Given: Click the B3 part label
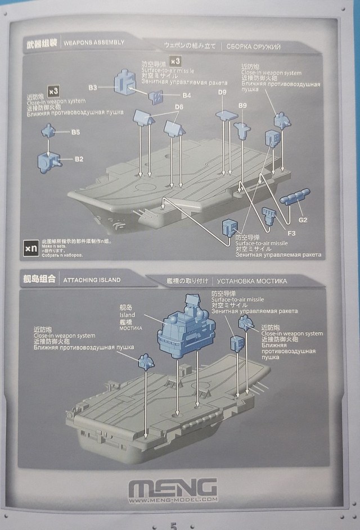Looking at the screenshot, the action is coord(93,87).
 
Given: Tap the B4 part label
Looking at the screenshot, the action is coord(186,96).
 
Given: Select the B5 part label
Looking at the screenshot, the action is coord(75,133).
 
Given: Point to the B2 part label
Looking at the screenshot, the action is coord(79,160).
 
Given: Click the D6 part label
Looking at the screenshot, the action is coord(179,107).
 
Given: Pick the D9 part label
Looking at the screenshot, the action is coord(222,92).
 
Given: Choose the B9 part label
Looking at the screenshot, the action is coord(243,106).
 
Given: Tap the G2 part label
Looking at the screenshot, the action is coord(303,219).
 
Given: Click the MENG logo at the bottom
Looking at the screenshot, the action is coord(173,486).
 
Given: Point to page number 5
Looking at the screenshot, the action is coord(174,526).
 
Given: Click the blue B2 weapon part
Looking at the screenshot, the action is coord(49,162).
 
